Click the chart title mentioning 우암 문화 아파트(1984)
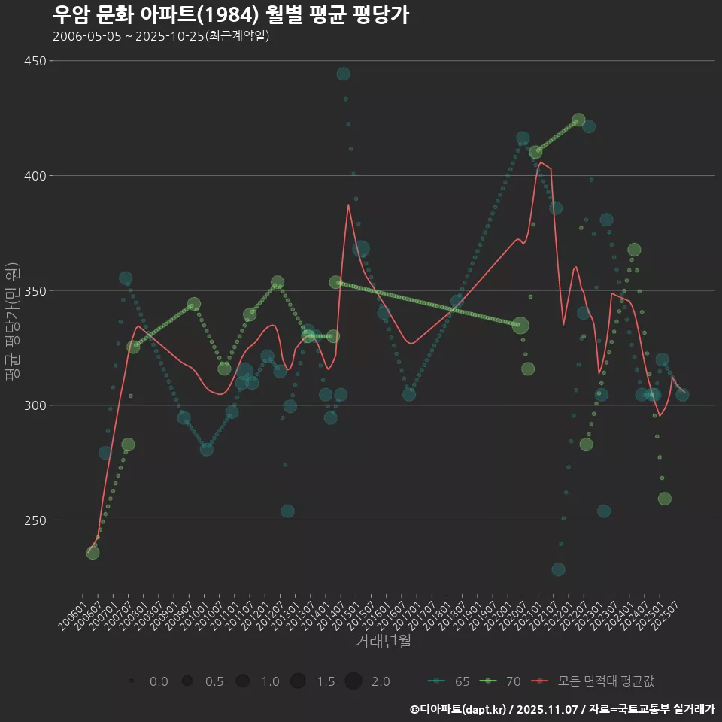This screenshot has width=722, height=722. click(231, 15)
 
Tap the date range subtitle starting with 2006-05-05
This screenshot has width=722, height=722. click(161, 36)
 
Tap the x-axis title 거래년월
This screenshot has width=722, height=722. click(383, 642)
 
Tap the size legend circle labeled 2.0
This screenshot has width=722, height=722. click(353, 681)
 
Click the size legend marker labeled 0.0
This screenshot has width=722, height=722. click(132, 681)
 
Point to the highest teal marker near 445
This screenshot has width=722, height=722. click(343, 74)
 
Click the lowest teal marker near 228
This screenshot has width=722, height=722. click(558, 569)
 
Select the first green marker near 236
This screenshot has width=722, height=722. click(93, 553)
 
